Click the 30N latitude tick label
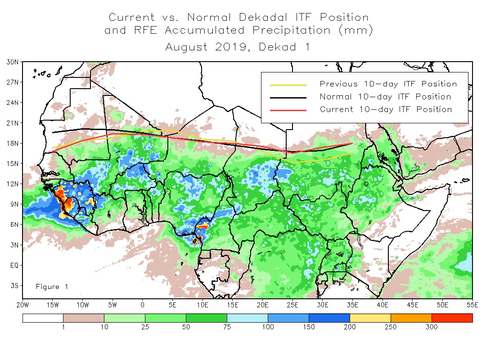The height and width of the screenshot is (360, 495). click(x=12, y=62)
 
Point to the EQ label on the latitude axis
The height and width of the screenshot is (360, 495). click(x=13, y=265)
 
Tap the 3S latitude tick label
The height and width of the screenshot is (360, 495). click(x=13, y=285)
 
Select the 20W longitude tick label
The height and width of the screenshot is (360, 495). click(x=22, y=305)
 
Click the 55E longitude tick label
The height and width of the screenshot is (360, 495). click(x=472, y=305)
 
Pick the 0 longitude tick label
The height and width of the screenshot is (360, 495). click(x=143, y=305)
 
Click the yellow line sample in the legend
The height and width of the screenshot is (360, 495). click(x=288, y=85)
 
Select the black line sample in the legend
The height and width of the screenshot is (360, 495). click(x=288, y=97)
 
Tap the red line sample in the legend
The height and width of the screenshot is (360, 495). click(x=288, y=110)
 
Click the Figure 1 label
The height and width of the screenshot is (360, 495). click(x=52, y=287)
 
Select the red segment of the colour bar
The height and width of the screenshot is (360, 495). click(x=452, y=318)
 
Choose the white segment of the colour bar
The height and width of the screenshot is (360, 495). click(x=43, y=318)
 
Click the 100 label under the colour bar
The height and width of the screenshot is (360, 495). click(x=268, y=327)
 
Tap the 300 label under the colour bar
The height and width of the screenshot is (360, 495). click(x=432, y=327)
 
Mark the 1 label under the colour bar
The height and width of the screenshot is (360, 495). click(x=63, y=327)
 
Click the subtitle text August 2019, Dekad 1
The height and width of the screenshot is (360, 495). click(x=238, y=47)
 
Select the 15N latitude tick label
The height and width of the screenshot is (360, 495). click(x=12, y=163)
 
